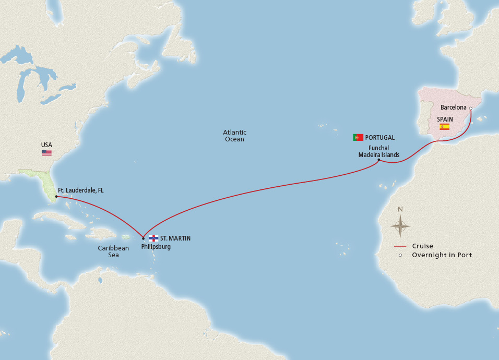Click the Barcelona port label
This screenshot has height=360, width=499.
454,107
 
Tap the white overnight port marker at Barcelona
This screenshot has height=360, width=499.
470,109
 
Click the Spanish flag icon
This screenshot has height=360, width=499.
444,127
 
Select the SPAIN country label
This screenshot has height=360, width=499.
445,119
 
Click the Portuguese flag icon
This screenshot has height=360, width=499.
358,137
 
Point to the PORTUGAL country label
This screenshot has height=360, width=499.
380,138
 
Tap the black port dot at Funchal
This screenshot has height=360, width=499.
378,160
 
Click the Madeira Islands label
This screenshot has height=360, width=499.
378,154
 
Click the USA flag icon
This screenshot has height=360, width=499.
47,152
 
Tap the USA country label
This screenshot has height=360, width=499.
47,145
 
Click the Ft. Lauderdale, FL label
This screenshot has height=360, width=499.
81,191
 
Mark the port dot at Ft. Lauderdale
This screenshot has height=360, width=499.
56,197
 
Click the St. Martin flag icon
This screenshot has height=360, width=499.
153,238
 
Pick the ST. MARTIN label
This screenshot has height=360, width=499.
175,238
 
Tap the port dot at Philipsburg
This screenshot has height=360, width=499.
143,238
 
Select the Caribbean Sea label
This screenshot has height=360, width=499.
113,251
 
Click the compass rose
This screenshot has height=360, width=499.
400,225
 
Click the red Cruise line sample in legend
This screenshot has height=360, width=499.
400,246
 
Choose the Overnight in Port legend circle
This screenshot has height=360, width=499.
400,255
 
